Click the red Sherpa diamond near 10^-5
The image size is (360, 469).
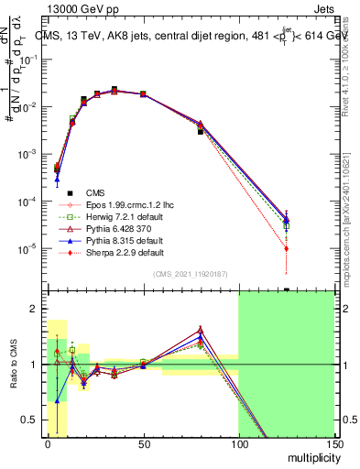(287, 248)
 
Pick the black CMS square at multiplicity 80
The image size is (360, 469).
(200, 132)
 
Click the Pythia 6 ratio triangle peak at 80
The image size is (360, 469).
(200, 329)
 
